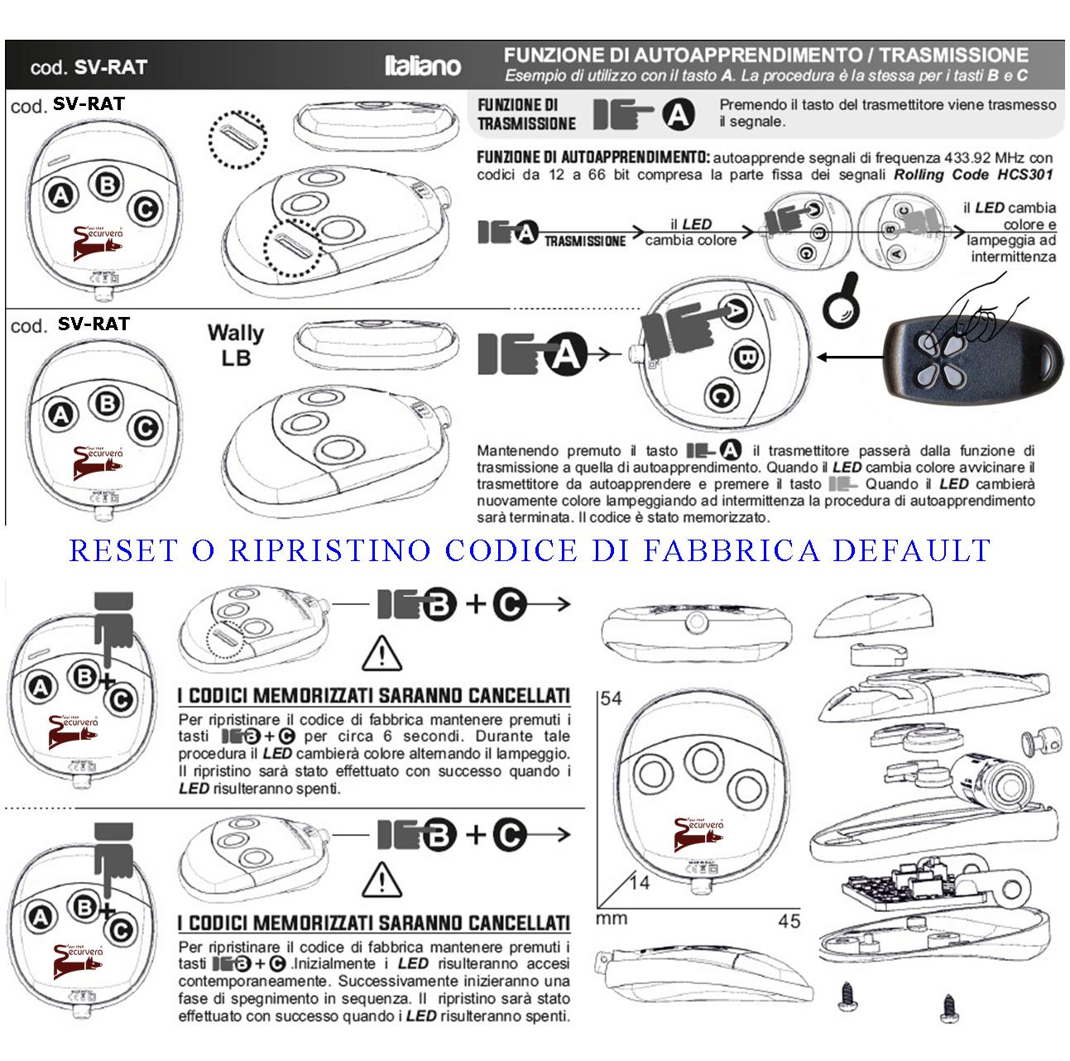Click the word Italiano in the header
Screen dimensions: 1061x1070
[x=422, y=66]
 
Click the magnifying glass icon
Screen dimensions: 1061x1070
[x=841, y=303]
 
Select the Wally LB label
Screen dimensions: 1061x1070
[x=235, y=345]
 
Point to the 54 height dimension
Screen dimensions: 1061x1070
[x=611, y=699]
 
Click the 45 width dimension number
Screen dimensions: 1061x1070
[x=789, y=921]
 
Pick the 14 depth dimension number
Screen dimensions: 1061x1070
[x=639, y=882]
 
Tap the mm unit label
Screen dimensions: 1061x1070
[x=612, y=919]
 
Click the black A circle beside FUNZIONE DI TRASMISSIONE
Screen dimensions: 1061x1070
[x=678, y=114]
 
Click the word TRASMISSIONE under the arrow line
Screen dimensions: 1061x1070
[x=585, y=241]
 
